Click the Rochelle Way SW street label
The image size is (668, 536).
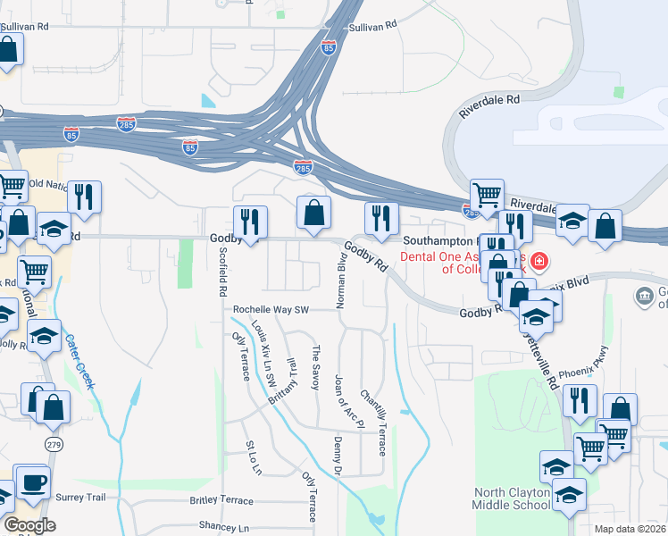(271, 310)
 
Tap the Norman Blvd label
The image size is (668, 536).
(340, 281)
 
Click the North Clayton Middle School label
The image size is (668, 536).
(513, 498)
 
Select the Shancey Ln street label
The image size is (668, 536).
(223, 527)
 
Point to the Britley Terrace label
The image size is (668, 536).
(221, 500)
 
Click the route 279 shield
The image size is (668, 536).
(54, 443)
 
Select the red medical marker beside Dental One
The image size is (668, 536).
(539, 262)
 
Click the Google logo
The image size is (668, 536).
(29, 525)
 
